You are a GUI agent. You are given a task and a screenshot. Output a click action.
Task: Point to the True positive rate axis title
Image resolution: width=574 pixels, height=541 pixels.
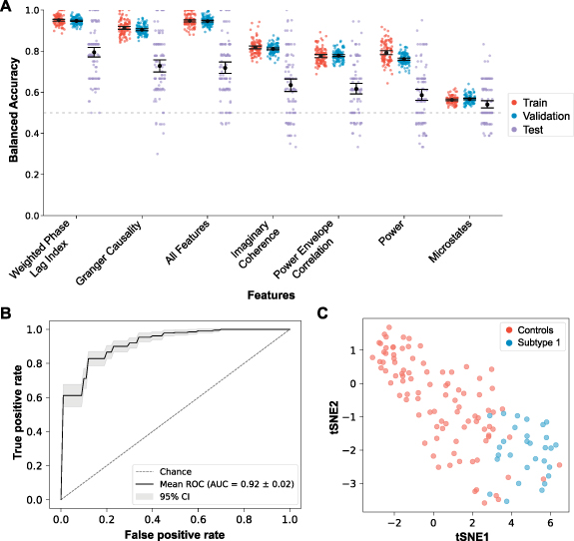coord(17,412)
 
